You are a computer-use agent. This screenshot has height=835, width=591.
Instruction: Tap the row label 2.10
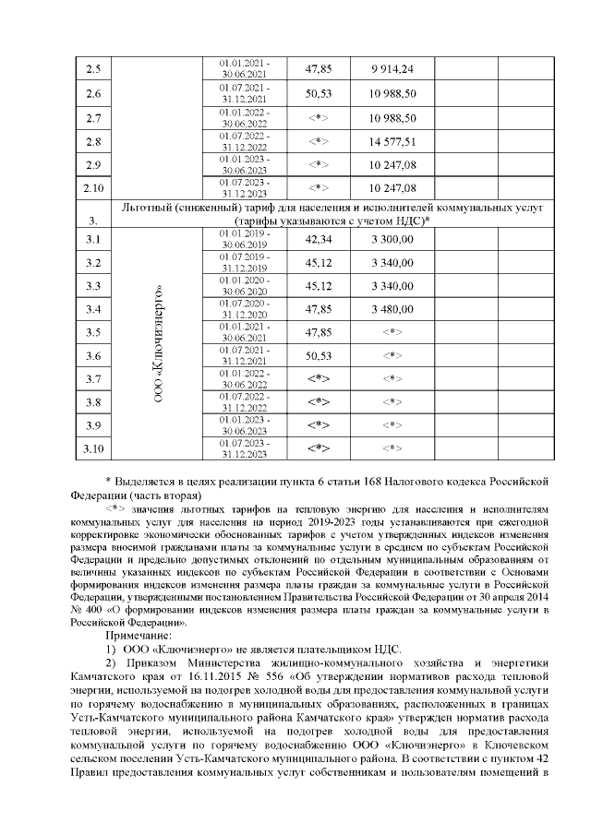tap(92, 189)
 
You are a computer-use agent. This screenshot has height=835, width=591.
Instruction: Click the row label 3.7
tap(92, 378)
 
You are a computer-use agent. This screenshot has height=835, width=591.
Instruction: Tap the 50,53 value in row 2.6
tap(318, 94)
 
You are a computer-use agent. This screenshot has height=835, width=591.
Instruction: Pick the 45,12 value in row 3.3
tap(318, 286)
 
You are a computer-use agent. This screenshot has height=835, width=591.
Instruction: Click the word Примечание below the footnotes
tap(138, 637)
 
